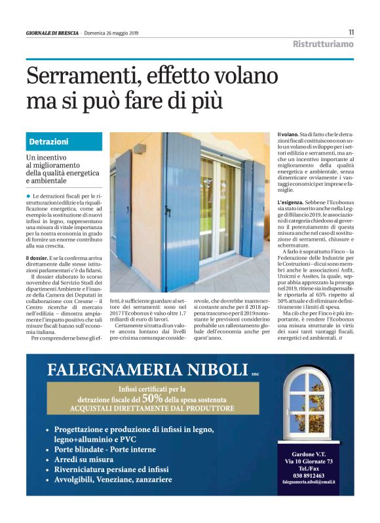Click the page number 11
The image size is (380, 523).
351,32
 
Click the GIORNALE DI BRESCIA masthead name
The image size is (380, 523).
52,33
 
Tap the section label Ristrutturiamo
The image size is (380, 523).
323,45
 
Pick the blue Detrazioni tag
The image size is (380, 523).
49,142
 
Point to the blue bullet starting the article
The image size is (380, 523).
29,196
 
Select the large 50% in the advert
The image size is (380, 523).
152,397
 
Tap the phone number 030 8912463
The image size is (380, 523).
308,476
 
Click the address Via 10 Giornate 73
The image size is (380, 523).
308,461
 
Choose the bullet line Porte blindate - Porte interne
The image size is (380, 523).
105,450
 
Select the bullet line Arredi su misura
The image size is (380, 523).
84,460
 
